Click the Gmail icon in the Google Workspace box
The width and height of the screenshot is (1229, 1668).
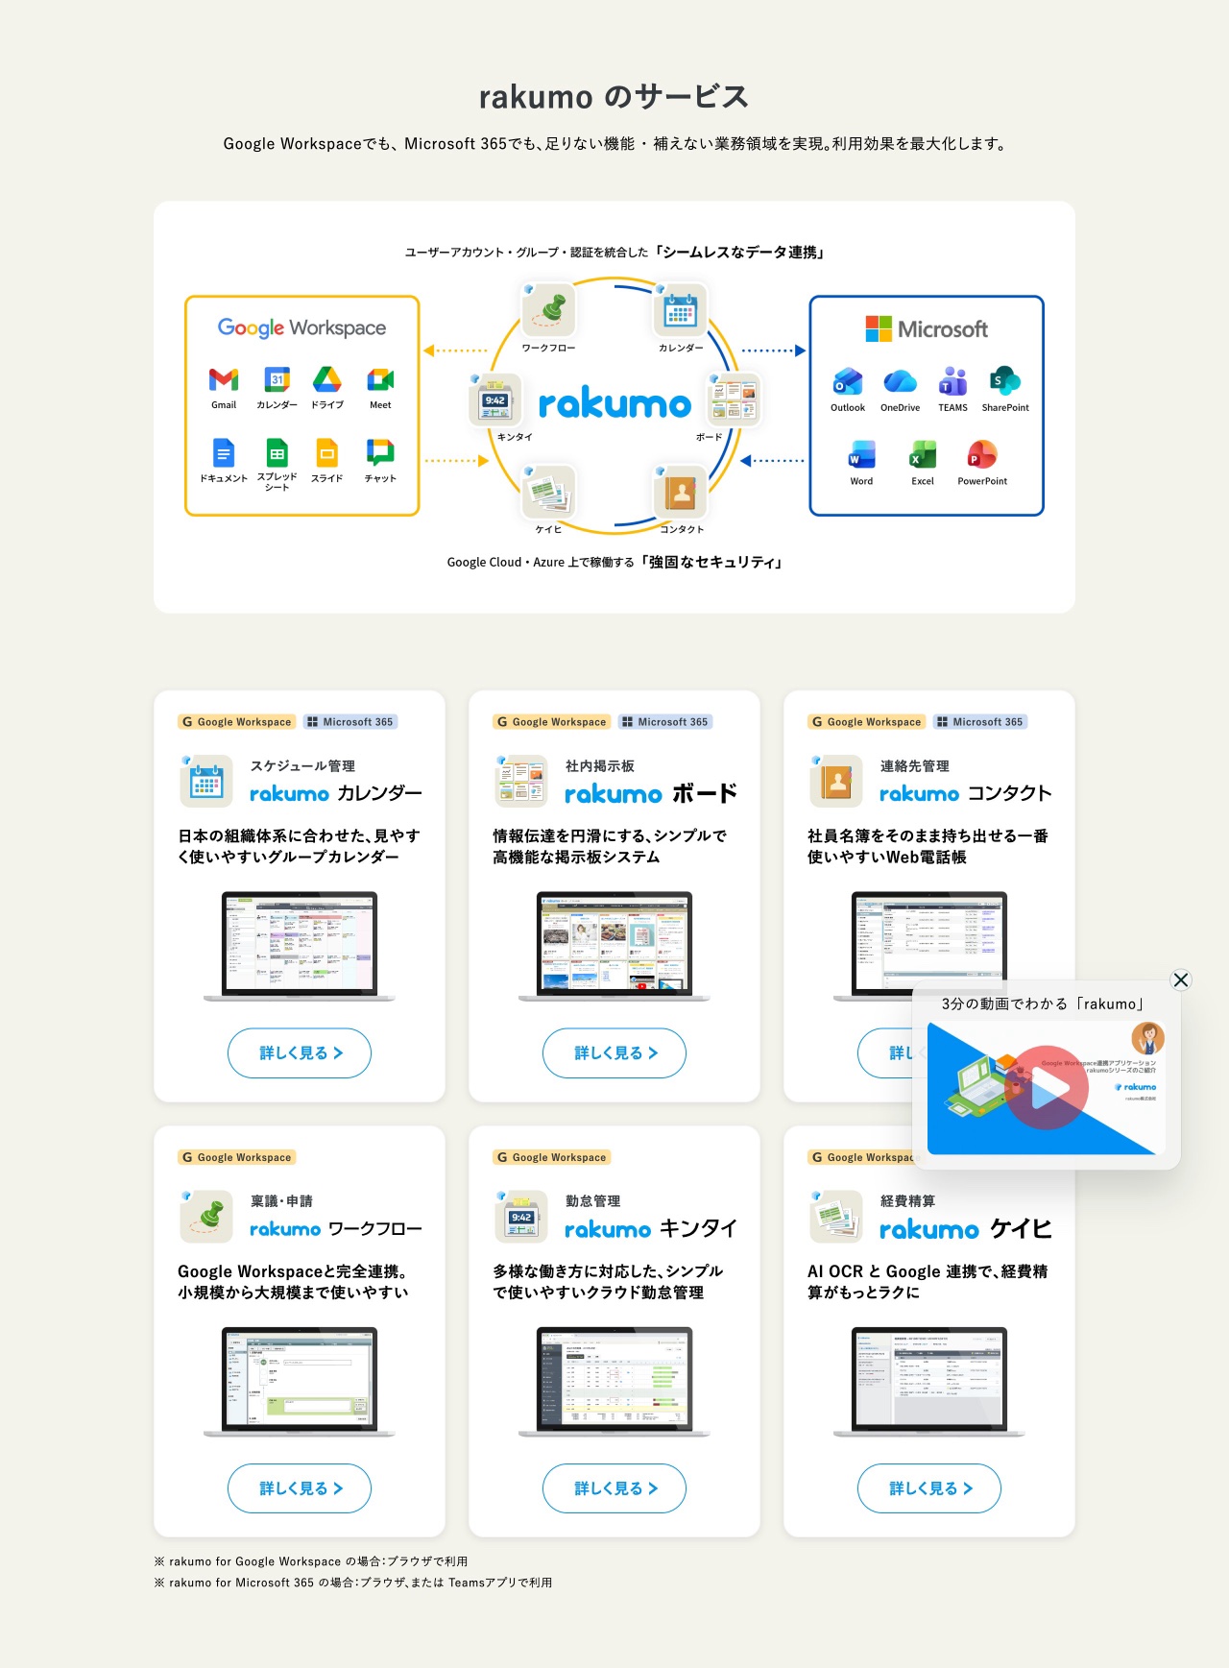pyautogui.click(x=224, y=379)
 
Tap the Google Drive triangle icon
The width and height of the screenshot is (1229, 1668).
pyautogui.click(x=326, y=379)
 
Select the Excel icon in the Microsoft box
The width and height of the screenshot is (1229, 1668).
pyautogui.click(x=923, y=454)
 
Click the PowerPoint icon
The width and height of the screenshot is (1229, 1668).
pyautogui.click(x=981, y=454)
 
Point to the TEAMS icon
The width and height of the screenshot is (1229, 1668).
pyautogui.click(x=952, y=381)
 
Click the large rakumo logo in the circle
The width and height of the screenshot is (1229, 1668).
pyautogui.click(x=614, y=404)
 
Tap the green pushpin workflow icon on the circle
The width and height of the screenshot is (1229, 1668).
pyautogui.click(x=548, y=309)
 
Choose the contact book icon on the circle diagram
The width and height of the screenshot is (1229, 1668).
pyautogui.click(x=681, y=493)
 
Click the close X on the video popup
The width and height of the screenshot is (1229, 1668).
pyautogui.click(x=1181, y=979)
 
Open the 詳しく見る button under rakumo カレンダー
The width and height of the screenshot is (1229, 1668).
pyautogui.click(x=300, y=1052)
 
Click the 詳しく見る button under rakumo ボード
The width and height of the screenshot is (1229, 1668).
pyautogui.click(x=614, y=1052)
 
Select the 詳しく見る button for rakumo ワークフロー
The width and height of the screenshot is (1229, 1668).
pyautogui.click(x=300, y=1488)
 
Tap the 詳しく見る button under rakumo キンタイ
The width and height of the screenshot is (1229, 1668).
pyautogui.click(x=614, y=1488)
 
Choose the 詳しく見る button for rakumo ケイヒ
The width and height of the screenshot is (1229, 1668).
pyautogui.click(x=929, y=1488)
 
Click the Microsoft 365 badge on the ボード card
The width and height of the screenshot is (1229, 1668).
pyautogui.click(x=665, y=722)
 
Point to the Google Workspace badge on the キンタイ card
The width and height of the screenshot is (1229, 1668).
pyautogui.click(x=552, y=1157)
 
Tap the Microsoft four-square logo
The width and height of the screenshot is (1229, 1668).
pyautogui.click(x=879, y=329)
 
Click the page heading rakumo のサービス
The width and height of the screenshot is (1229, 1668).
pyautogui.click(x=614, y=97)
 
